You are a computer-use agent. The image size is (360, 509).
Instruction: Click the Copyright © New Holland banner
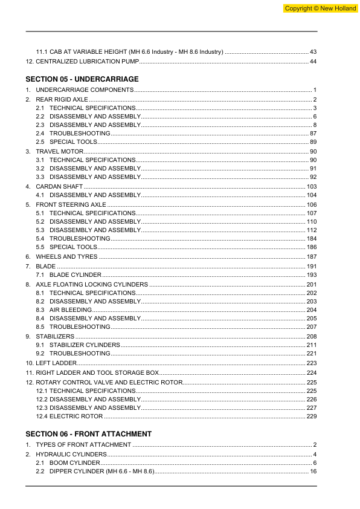[x=318, y=8]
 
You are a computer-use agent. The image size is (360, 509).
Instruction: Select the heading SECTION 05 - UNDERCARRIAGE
[x=82, y=79]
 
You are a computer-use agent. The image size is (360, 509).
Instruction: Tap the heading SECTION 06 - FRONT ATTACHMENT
[x=89, y=434]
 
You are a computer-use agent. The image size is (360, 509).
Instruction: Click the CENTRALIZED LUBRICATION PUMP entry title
[x=88, y=62]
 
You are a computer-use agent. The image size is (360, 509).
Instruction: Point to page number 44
[x=313, y=62]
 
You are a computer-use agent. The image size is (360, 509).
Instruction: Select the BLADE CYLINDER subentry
[x=76, y=275]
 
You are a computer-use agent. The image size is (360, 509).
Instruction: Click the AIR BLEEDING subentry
[x=71, y=310]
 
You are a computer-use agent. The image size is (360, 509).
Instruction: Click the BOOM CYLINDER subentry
[x=75, y=462]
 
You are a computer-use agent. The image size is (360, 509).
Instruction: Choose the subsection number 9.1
[x=40, y=345]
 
